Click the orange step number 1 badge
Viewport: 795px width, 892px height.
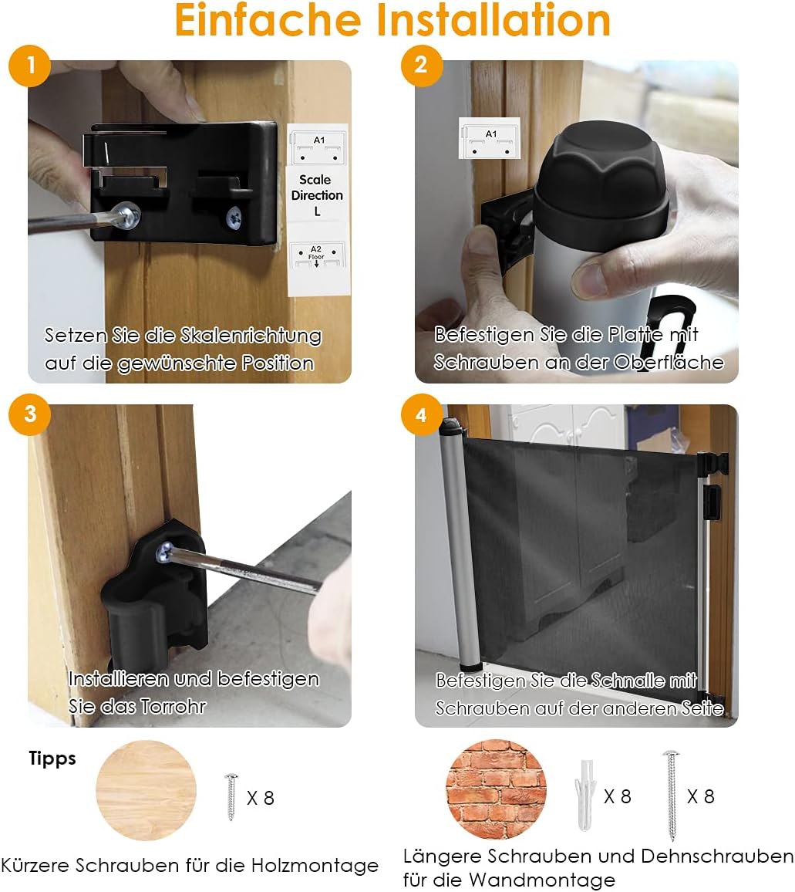[29, 66]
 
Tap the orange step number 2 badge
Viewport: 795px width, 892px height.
[421, 66]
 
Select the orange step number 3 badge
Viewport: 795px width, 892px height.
[29, 414]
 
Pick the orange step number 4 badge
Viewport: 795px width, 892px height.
[421, 414]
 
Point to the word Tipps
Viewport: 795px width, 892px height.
[52, 759]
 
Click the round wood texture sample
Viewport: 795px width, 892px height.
[147, 790]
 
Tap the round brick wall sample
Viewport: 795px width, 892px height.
[496, 789]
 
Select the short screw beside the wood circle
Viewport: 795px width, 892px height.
[231, 797]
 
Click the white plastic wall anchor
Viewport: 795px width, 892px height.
[586, 795]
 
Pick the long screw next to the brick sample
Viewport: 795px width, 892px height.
[671, 796]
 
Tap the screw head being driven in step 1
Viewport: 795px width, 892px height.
[127, 215]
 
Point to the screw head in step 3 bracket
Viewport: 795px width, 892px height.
[164, 551]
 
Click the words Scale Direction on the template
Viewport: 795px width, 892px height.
[317, 188]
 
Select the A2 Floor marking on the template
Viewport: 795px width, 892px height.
[316, 253]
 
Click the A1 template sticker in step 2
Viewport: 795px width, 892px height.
[489, 138]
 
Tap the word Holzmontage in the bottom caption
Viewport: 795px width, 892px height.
[315, 866]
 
